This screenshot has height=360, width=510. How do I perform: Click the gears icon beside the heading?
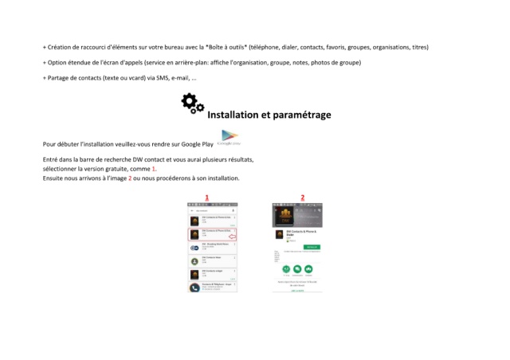(x=192, y=104)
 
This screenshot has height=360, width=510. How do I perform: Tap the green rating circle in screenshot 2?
(x=286, y=270)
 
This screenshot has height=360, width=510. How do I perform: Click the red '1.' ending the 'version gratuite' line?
(x=154, y=169)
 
